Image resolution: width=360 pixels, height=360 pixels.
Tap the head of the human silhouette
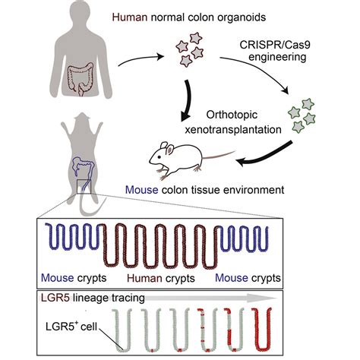pyautogui.click(x=60, y=15)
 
